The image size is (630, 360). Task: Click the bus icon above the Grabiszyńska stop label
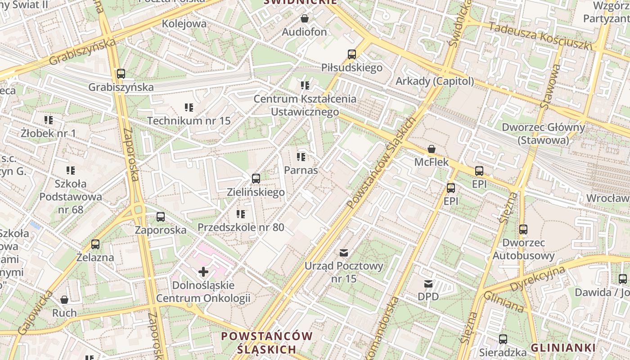(121, 74)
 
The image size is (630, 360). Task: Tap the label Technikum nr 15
(189, 121)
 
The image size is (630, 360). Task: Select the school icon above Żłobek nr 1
(49, 120)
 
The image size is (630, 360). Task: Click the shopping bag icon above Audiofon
(305, 19)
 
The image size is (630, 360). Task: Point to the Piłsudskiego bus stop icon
(352, 54)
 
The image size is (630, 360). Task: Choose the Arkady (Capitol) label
(434, 81)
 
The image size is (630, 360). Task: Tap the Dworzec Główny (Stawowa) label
(543, 134)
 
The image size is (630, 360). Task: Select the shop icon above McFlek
(432, 148)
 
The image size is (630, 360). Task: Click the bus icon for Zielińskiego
(256, 179)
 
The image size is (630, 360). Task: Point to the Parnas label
(301, 170)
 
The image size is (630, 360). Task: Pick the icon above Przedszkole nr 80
(241, 214)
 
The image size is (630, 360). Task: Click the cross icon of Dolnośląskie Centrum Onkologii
(203, 272)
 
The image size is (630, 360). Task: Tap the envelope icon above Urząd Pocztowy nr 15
(344, 253)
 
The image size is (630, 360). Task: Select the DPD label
(428, 297)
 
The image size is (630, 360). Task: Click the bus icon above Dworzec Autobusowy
(523, 229)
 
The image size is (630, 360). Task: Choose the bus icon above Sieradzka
(503, 339)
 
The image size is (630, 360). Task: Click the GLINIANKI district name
(563, 347)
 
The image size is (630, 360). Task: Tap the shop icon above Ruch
(64, 300)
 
